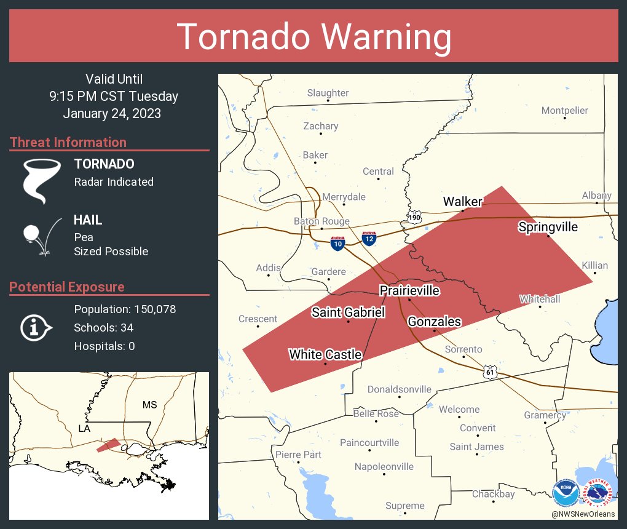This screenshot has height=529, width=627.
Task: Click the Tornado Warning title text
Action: (x=313, y=36)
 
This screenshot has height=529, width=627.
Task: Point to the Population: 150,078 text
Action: (x=125, y=309)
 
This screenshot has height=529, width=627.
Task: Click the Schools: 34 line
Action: (x=103, y=327)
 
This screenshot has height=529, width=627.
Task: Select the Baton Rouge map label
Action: (x=321, y=221)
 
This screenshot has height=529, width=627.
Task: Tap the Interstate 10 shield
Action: (x=337, y=244)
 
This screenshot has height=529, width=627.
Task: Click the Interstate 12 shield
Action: (x=369, y=239)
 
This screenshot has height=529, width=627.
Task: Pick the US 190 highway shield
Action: (x=414, y=217)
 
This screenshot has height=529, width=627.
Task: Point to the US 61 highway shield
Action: (x=489, y=372)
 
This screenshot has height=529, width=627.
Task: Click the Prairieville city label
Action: (x=409, y=290)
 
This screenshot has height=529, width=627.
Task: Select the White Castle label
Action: (x=325, y=354)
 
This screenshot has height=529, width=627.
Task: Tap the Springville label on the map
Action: (x=548, y=227)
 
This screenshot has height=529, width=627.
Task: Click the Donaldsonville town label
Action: (x=399, y=389)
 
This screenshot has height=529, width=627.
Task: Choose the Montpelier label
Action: (x=564, y=111)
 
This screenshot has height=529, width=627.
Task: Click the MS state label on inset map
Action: (x=149, y=405)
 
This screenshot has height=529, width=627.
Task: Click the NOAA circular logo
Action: (x=565, y=493)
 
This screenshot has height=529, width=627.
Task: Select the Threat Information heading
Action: (x=68, y=142)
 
